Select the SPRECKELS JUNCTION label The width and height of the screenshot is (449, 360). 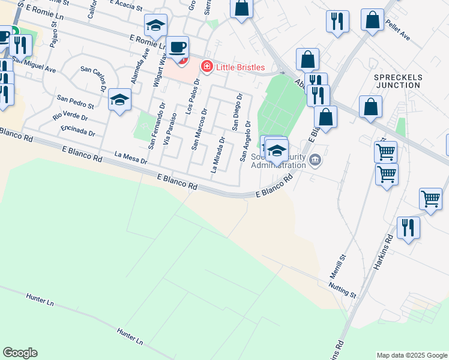[x=398, y=81]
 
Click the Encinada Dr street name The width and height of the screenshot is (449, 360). [x=78, y=130]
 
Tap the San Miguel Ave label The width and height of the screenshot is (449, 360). [x=34, y=65]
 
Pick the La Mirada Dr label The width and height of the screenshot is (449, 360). [x=217, y=155]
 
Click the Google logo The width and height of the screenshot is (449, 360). [x=20, y=353]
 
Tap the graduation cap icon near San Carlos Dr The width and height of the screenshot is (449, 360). [x=119, y=99]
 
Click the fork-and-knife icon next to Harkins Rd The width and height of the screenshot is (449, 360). [x=408, y=227]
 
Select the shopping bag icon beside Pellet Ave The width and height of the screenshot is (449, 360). [x=372, y=19]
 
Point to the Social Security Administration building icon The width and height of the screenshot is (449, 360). [x=316, y=160]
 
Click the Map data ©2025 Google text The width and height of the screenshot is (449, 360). [x=411, y=355]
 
